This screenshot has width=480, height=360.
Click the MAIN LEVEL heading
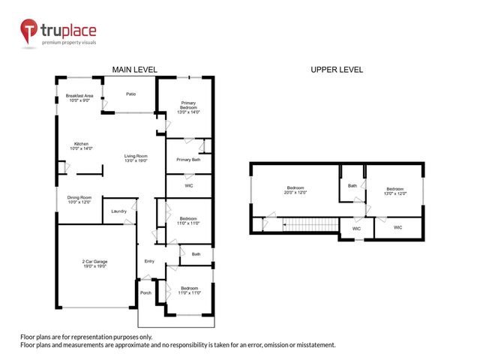(x=134, y=70)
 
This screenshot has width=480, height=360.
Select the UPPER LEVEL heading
(x=337, y=70)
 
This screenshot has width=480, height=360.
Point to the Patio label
(x=130, y=94)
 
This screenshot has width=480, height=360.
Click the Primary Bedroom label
(x=188, y=107)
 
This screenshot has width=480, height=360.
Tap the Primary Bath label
(x=188, y=160)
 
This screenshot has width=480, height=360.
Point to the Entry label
(x=149, y=261)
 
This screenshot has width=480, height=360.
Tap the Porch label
(x=145, y=292)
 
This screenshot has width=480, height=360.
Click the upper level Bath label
(x=352, y=185)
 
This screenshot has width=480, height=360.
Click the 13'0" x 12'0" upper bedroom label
(x=394, y=190)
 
